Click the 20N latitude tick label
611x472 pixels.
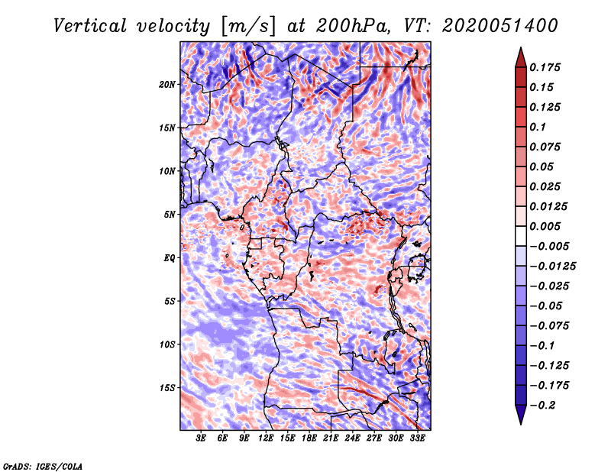click(x=167, y=84)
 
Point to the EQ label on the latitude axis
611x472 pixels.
click(x=170, y=257)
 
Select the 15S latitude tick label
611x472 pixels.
click(x=167, y=387)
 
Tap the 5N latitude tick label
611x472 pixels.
click(x=170, y=214)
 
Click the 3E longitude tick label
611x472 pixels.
click(x=202, y=438)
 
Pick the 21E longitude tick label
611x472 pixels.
click(x=331, y=438)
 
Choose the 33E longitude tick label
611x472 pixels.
click(x=417, y=438)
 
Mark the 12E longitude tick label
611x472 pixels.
click(x=266, y=438)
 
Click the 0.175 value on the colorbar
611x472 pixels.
click(x=546, y=67)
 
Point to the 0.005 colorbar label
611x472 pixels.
click(x=546, y=226)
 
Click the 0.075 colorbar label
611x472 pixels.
click(x=546, y=147)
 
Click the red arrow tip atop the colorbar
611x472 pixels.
click(x=519, y=55)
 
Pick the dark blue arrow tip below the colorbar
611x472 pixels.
click(x=519, y=417)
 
